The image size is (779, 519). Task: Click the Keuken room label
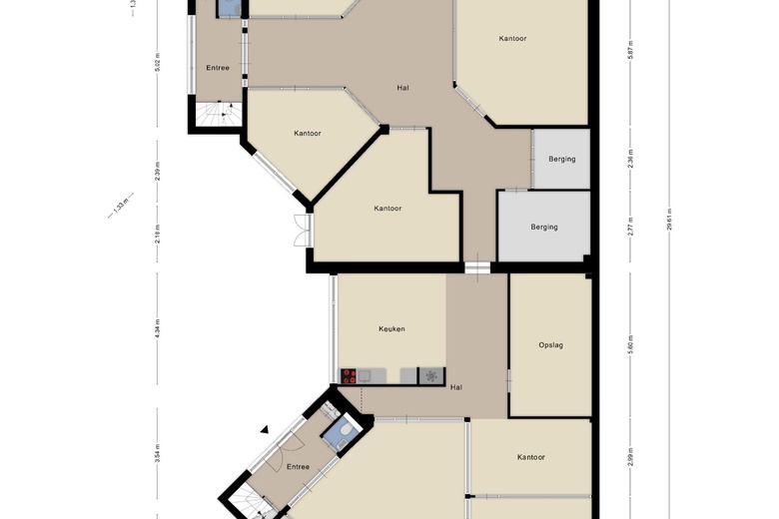pyautogui.click(x=391, y=329)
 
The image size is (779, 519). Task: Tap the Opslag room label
pyautogui.click(x=551, y=345)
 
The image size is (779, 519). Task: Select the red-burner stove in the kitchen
pyautogui.click(x=350, y=376)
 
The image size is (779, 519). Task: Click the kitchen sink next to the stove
pyautogui.click(x=366, y=376)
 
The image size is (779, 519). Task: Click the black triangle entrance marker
pyautogui.click(x=265, y=430)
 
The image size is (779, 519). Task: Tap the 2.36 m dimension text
pyautogui.click(x=630, y=158)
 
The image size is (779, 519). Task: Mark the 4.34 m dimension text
pyautogui.click(x=157, y=329)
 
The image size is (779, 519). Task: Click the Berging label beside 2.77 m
pyautogui.click(x=544, y=227)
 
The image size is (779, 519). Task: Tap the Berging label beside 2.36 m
pyautogui.click(x=562, y=159)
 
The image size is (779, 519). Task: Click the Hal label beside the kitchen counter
pyautogui.click(x=456, y=387)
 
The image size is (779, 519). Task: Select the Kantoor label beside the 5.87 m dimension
pyautogui.click(x=512, y=39)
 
